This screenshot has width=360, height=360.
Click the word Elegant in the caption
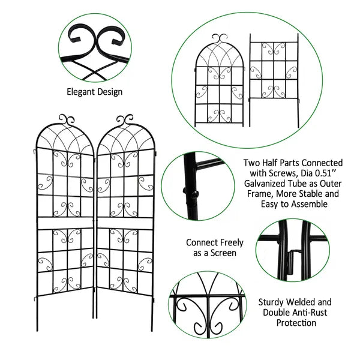(80, 92)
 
